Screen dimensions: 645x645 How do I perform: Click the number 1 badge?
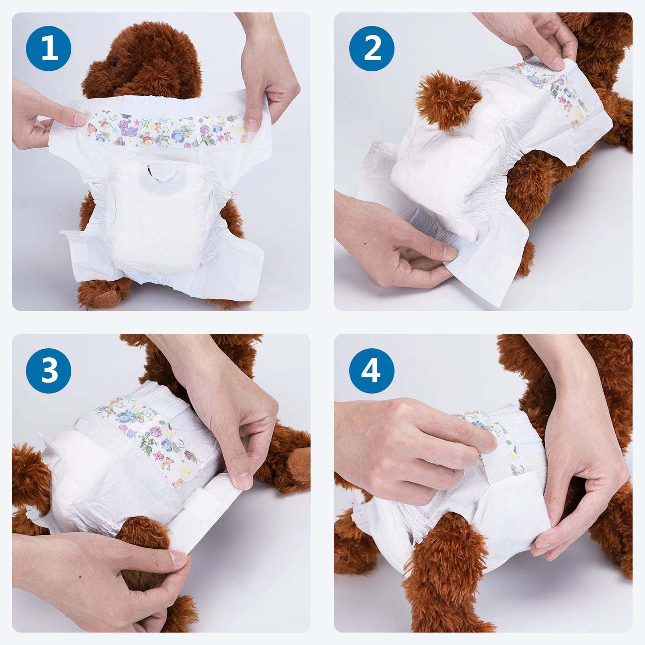(x=49, y=49)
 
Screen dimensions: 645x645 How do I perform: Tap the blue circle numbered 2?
(x=372, y=49)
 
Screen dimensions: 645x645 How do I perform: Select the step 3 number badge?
(x=49, y=372)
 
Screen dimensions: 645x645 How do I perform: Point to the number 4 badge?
(x=372, y=372)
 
